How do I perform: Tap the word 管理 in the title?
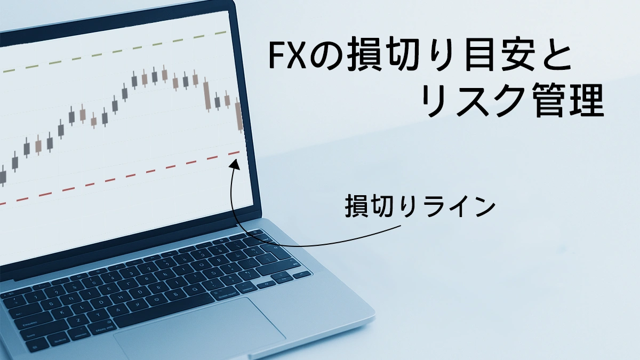(x=568, y=102)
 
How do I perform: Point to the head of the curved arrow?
(x=233, y=162)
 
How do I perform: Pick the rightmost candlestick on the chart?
(x=239, y=116)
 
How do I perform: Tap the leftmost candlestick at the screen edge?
(x=3, y=176)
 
